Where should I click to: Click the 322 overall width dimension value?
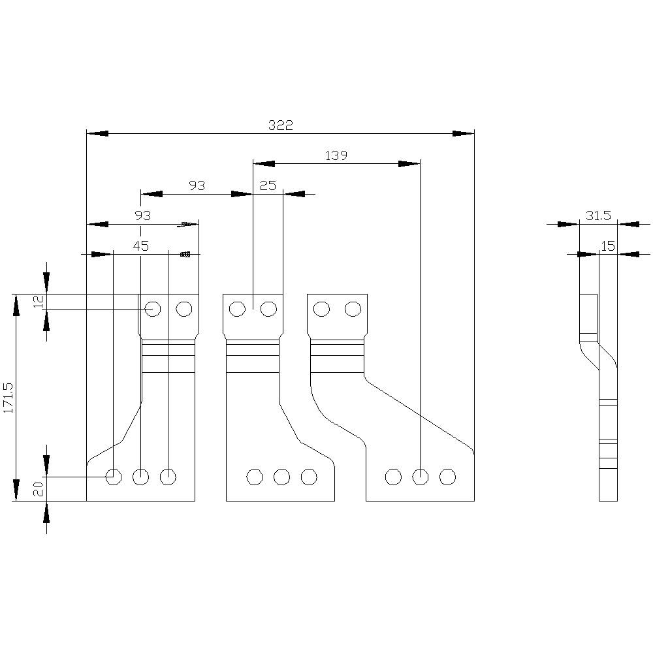(x=281, y=125)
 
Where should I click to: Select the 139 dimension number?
(x=336, y=155)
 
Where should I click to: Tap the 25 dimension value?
(x=268, y=186)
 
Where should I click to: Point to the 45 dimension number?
(x=141, y=246)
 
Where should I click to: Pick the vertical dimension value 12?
(x=38, y=302)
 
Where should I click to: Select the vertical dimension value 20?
(x=38, y=488)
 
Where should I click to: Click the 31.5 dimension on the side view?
(x=597, y=216)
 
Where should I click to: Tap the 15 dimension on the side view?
(x=608, y=246)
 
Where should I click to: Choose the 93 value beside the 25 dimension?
(x=197, y=186)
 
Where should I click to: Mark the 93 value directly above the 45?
(x=142, y=216)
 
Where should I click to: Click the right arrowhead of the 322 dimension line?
(x=464, y=133)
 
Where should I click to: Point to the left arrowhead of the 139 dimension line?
(x=264, y=163)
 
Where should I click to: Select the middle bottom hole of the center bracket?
(x=281, y=477)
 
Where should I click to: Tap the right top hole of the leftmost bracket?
(x=184, y=308)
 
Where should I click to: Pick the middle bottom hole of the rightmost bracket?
(x=420, y=477)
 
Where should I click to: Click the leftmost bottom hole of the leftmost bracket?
(x=114, y=477)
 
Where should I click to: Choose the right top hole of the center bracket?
(x=268, y=308)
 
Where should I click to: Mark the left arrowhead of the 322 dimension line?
(x=97, y=133)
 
